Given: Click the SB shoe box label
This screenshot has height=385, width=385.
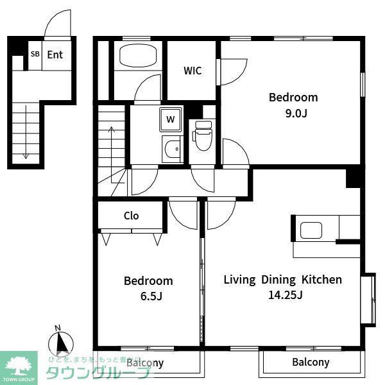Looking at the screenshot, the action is coord(35,54).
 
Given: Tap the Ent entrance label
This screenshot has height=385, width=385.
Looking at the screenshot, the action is coord(55,55).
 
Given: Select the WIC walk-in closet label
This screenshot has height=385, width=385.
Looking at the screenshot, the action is coord(193,71).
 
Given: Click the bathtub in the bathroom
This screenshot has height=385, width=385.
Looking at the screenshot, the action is coord(138,56).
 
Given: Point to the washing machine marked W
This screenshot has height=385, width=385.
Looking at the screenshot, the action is coord(171,119).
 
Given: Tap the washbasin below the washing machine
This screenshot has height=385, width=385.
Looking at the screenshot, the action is coord(171,149).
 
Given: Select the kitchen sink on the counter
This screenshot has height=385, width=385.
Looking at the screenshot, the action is coord(311,230).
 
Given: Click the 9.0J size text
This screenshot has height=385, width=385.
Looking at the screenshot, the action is coord(296,113).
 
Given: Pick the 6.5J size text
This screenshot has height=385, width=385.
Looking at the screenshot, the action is coord(151,296).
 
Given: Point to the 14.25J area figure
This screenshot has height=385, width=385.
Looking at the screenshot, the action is coord(286,295).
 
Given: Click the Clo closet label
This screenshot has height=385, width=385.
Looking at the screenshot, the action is coord(132,216).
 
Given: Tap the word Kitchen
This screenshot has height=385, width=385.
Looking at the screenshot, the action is coord(321,280).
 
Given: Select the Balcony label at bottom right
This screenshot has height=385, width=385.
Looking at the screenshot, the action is coord(311,362).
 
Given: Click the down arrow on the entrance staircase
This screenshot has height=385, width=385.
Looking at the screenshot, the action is coord(26,132).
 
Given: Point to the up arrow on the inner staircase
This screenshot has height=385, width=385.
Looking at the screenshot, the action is coord(112,155).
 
